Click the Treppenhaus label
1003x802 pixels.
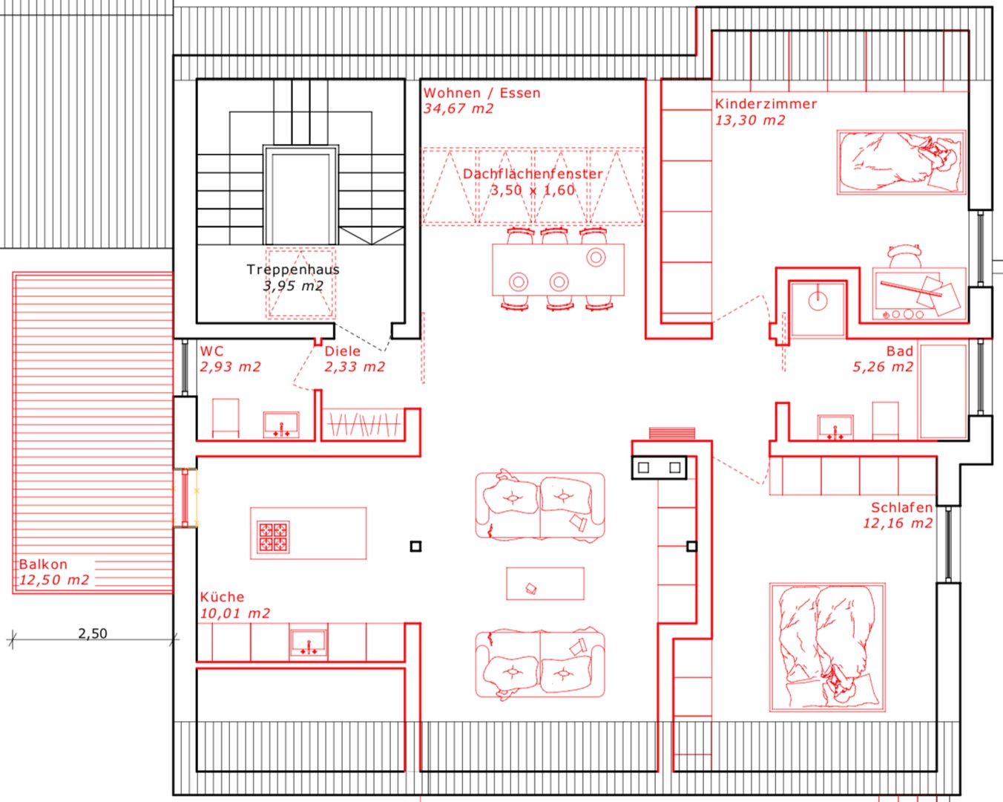(x=293, y=270)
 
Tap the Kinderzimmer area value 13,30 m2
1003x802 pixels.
(x=750, y=120)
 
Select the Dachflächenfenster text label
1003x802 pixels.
(x=533, y=174)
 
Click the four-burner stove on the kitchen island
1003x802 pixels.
(x=273, y=537)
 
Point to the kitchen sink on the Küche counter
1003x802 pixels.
(x=309, y=643)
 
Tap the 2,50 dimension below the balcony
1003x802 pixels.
(x=93, y=633)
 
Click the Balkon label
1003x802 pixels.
(x=43, y=564)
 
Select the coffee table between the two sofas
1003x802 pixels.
(x=545, y=583)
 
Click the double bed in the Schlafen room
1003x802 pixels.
(x=827, y=647)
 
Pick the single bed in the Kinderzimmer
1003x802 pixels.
(x=901, y=162)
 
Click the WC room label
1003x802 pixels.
(x=212, y=351)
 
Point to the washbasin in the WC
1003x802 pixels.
(x=281, y=425)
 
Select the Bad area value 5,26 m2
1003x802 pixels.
(x=883, y=367)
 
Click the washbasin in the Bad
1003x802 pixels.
(x=835, y=427)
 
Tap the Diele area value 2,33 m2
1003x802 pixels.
(x=355, y=367)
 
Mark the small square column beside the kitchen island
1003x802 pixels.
(x=415, y=547)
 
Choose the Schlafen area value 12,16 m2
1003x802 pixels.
(x=898, y=523)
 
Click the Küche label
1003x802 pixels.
(x=222, y=597)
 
